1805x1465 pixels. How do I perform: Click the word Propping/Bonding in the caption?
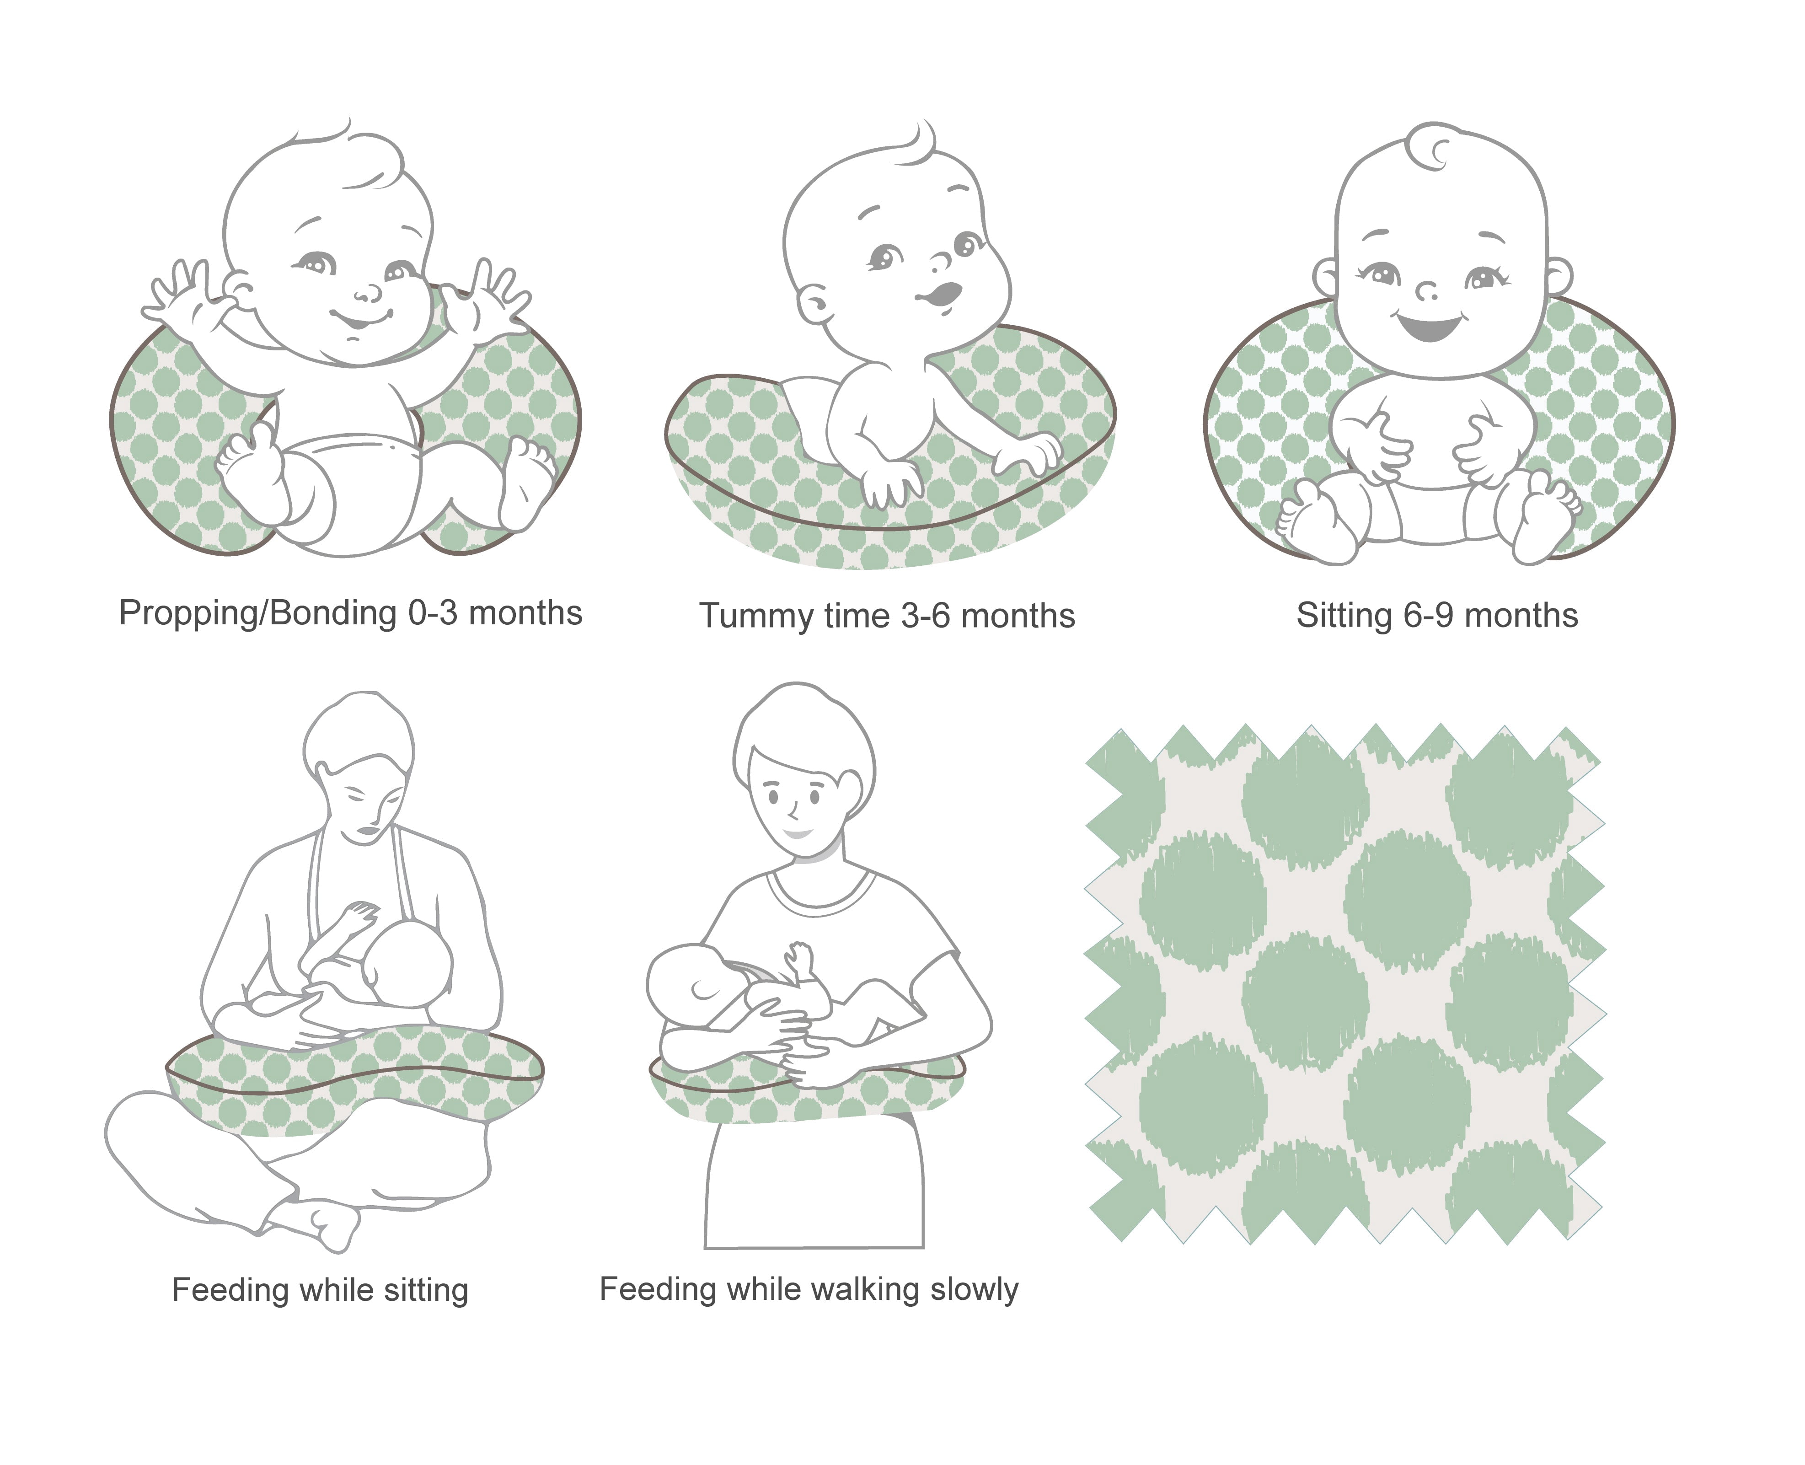click(257, 613)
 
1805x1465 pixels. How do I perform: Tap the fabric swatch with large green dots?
click(1344, 983)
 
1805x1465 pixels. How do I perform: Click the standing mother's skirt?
click(814, 1186)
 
